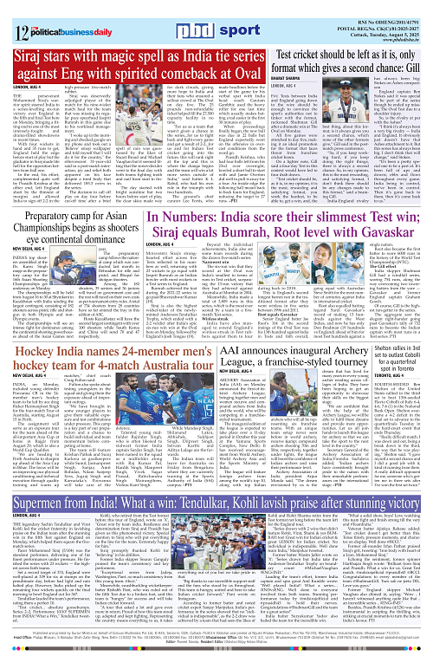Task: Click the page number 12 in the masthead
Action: tap(11, 13)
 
